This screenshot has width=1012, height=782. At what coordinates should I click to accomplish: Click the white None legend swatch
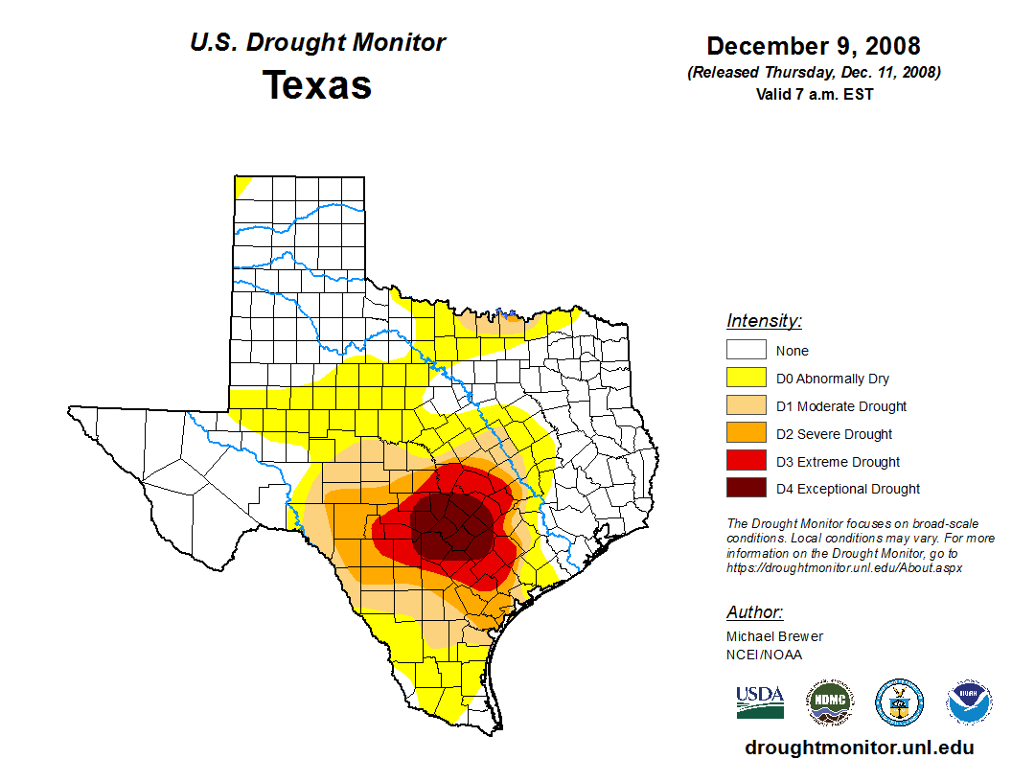[x=746, y=351]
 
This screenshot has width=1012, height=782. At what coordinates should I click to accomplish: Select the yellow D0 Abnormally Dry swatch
[x=746, y=379]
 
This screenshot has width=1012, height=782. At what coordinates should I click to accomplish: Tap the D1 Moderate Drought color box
[x=746, y=406]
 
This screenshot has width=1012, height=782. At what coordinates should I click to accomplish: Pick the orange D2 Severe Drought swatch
[x=746, y=434]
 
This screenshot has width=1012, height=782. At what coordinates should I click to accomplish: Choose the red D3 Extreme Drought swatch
[x=746, y=462]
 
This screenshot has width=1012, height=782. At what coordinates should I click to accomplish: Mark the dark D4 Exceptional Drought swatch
[x=746, y=489]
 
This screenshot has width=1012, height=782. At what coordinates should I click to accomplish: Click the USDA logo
[x=760, y=701]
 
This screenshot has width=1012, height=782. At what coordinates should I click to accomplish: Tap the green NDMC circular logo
[x=830, y=702]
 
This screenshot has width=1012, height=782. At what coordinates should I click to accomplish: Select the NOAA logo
[x=969, y=702]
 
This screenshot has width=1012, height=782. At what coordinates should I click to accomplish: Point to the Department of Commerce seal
[x=900, y=702]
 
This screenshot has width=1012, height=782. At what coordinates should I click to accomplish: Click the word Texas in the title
[x=317, y=85]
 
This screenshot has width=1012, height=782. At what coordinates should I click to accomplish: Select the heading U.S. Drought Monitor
[x=317, y=43]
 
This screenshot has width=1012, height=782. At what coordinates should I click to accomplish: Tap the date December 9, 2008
[x=814, y=46]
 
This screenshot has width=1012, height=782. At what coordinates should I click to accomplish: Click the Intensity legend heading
[x=764, y=321]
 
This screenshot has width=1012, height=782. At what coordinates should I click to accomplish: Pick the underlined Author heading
[x=754, y=612]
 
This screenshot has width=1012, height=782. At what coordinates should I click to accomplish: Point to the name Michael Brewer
[x=774, y=636]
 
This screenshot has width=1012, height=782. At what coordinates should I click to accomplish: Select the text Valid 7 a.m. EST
[x=814, y=94]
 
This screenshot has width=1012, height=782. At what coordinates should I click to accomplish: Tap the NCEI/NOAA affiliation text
[x=764, y=655]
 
